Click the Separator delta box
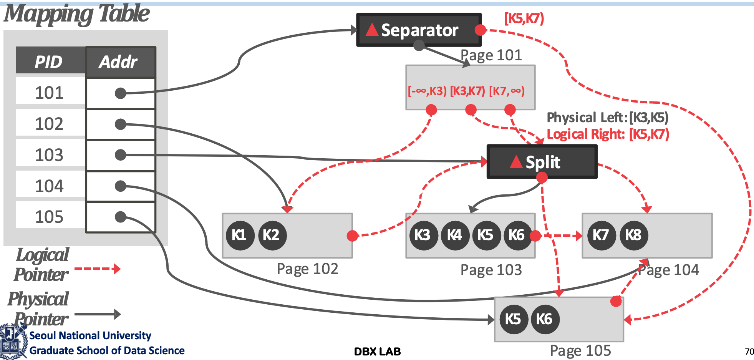tap(419, 30)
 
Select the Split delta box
tap(542, 162)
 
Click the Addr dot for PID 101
tap(121, 93)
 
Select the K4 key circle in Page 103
tap(455, 235)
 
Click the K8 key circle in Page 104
tap(634, 235)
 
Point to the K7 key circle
tap(602, 235)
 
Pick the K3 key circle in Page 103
tap(423, 235)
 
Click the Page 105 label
tap(580, 351)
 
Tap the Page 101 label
tap(491, 55)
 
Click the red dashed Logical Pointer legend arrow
tap(98, 269)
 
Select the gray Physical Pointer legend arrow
tap(98, 314)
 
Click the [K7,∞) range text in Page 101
tap(507, 91)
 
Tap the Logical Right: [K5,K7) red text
tap(608, 134)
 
